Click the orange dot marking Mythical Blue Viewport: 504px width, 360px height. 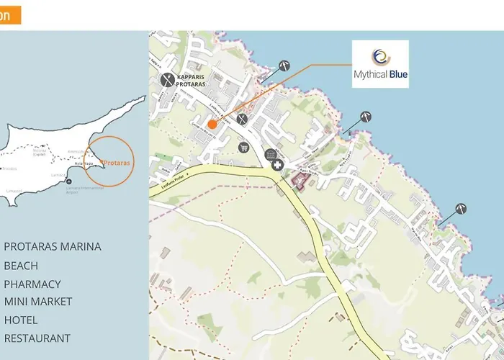[x=212, y=125]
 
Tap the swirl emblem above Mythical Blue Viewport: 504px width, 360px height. [x=380, y=56]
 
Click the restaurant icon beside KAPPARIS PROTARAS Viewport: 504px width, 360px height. [x=167, y=79]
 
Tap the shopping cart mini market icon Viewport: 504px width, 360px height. [x=244, y=148]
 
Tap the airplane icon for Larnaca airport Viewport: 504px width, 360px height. [x=69, y=181]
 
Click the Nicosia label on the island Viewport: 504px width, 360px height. [x=39, y=150]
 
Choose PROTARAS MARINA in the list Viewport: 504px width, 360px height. [x=53, y=247]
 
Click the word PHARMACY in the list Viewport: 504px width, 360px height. [x=32, y=284]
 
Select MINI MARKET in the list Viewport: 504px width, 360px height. [x=42, y=302]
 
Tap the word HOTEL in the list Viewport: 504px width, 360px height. [x=21, y=320]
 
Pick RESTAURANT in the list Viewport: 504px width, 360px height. [x=37, y=338]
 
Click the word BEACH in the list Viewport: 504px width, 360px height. [x=21, y=266]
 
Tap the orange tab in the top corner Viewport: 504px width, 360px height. [x=10, y=16]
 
